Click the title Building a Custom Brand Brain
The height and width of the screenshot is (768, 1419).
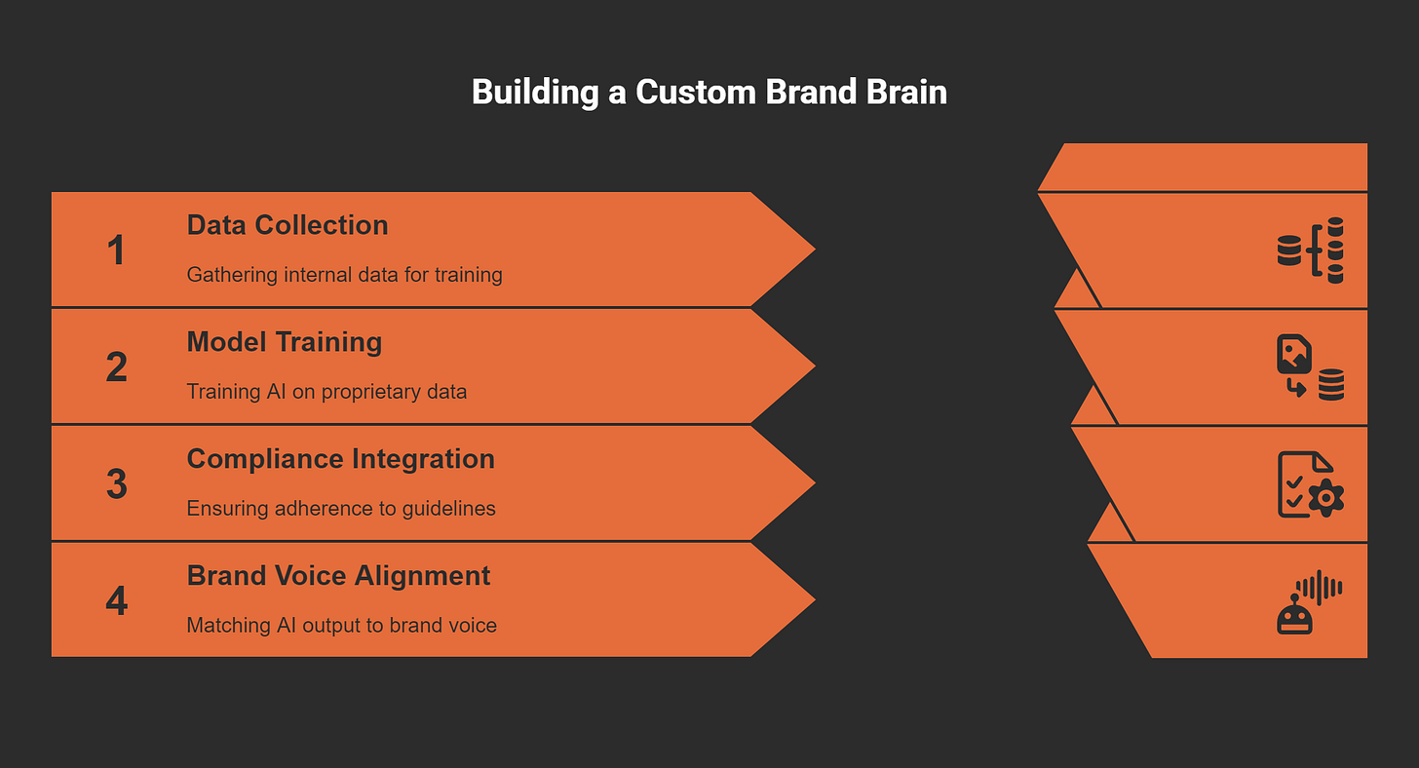(x=709, y=92)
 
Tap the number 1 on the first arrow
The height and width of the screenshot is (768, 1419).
(x=116, y=250)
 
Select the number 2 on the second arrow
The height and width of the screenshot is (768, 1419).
(x=116, y=367)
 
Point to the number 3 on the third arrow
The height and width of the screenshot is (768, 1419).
(x=116, y=484)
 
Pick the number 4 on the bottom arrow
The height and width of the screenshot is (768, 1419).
(x=116, y=601)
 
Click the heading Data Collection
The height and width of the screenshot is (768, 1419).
(x=288, y=225)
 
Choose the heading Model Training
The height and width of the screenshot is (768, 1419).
(x=284, y=342)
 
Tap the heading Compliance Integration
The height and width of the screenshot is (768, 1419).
(x=340, y=459)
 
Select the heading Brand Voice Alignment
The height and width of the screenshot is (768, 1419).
(x=338, y=576)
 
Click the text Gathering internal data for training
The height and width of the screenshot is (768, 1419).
(x=344, y=275)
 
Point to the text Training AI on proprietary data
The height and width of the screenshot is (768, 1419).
(x=326, y=392)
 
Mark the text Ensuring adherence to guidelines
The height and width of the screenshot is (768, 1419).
(x=341, y=509)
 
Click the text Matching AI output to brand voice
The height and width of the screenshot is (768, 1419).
(x=341, y=626)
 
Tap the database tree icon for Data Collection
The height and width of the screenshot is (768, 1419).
(x=1310, y=250)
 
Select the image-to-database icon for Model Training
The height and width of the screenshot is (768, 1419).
(x=1310, y=367)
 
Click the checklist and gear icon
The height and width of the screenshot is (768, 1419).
(x=1310, y=484)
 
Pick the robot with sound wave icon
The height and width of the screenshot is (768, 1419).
(x=1308, y=601)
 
